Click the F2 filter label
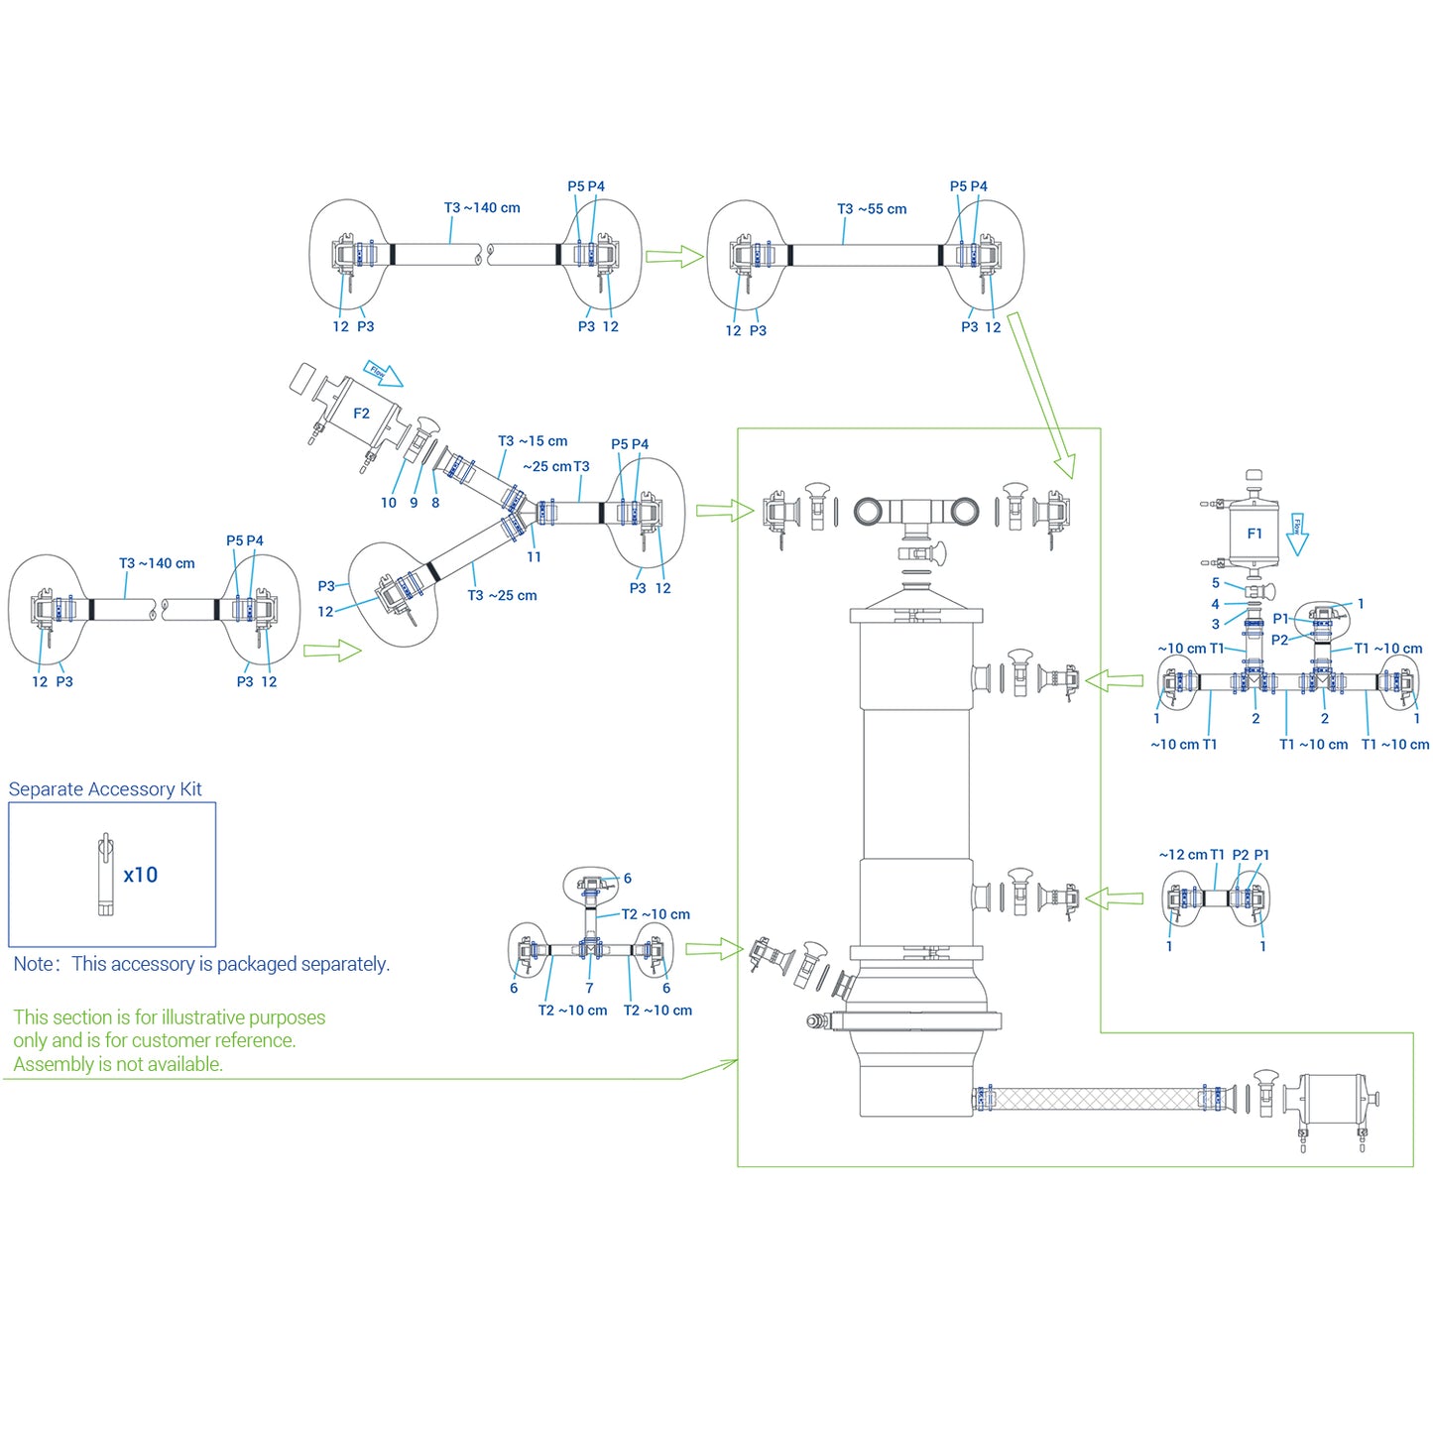(x=361, y=414)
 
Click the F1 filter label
(x=1254, y=534)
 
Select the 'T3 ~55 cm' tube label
(x=872, y=209)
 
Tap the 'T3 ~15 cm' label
(x=533, y=441)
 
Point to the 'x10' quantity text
(x=141, y=875)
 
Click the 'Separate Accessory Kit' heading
(x=105, y=789)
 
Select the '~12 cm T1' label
(x=1191, y=855)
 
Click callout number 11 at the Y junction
(x=534, y=557)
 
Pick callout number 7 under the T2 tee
(x=590, y=989)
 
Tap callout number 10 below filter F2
(x=388, y=503)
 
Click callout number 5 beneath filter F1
(x=1216, y=583)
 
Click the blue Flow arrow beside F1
(x=1297, y=535)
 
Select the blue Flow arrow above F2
(x=383, y=373)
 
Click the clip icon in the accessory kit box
(x=105, y=875)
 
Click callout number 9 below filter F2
(x=414, y=503)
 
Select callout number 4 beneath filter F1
(x=1215, y=604)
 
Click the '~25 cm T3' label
(x=556, y=466)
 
